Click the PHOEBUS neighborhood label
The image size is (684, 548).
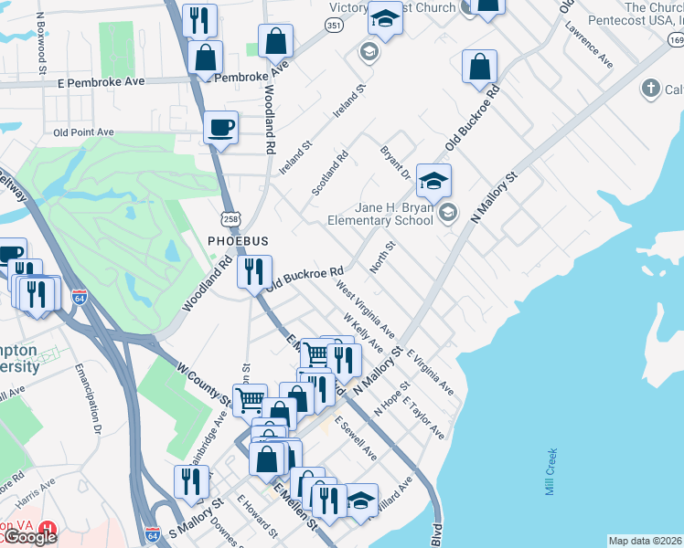coord(237,240)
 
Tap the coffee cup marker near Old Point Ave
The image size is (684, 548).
coord(220,128)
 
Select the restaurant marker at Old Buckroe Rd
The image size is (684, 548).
coord(254,271)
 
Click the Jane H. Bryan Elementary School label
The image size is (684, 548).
coord(380,214)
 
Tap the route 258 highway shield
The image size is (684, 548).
coord(230,216)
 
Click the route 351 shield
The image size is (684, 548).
coord(335,26)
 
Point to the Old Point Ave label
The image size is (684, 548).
coord(83,132)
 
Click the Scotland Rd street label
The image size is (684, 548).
coord(330,172)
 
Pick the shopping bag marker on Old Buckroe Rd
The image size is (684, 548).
coord(479,67)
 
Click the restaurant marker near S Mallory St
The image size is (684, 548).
coord(190,481)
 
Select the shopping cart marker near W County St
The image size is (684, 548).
coord(250,399)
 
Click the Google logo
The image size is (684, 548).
coord(29,537)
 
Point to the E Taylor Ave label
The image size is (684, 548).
coord(427,417)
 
